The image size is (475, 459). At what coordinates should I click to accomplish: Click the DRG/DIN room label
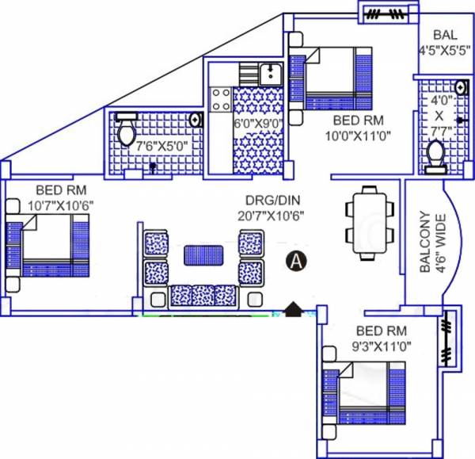268,200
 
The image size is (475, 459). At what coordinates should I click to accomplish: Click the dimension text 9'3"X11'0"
382,346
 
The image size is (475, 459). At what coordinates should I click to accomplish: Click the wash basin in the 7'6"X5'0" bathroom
196,119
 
